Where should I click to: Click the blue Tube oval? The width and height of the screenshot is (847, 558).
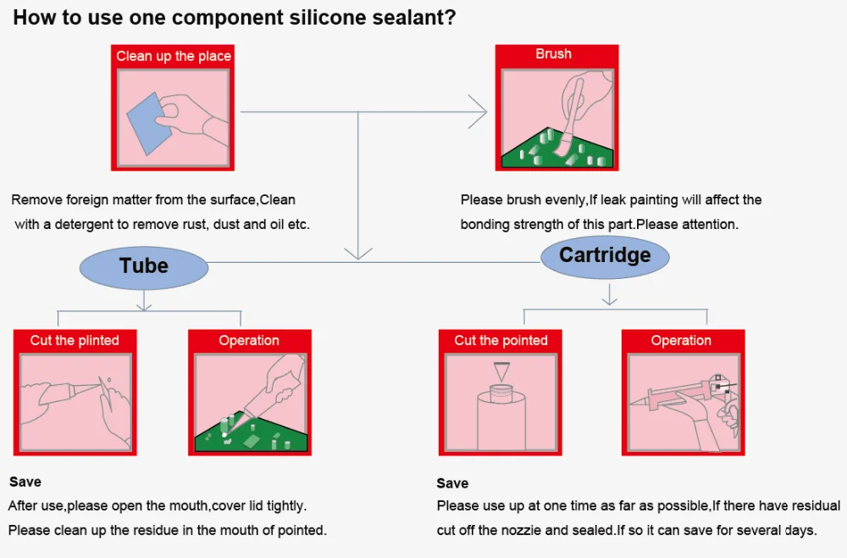(x=144, y=266)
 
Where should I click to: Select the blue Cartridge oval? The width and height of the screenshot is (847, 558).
(x=605, y=255)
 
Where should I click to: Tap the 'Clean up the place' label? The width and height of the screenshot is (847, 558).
(x=174, y=56)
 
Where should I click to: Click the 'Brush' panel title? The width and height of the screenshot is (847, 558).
(x=553, y=53)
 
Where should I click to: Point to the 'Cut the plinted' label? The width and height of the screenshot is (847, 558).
(x=75, y=340)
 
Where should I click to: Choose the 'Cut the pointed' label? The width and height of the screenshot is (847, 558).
(x=501, y=340)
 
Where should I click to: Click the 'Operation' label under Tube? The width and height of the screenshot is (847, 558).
(x=249, y=340)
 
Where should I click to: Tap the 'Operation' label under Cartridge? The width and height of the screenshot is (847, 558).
(x=681, y=340)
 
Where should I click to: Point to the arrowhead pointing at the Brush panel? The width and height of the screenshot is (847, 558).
(x=479, y=111)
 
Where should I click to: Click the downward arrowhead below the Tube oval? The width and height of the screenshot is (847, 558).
(x=144, y=302)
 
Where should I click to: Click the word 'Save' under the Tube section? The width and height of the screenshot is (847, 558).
(x=25, y=482)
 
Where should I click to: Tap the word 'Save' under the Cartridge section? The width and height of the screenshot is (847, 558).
(x=452, y=483)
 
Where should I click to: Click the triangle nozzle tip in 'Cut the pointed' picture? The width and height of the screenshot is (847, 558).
(x=502, y=372)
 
